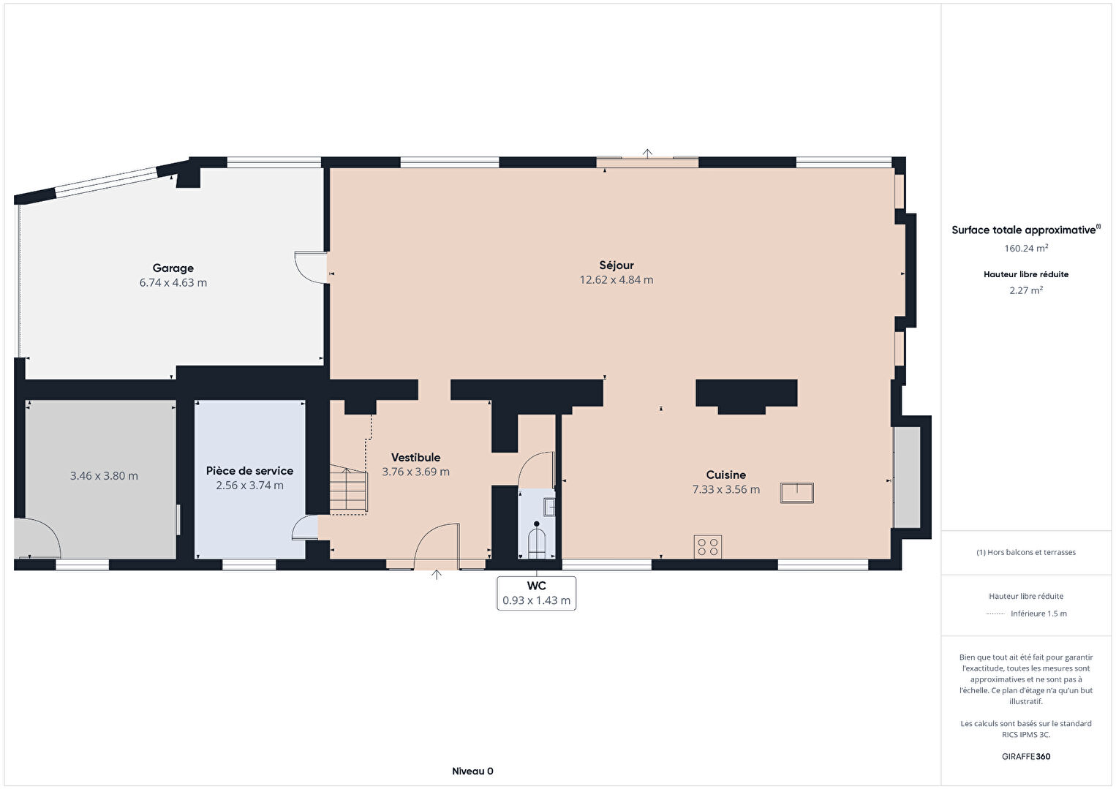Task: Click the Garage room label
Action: click(173, 268)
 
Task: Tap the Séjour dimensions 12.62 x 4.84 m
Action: click(617, 280)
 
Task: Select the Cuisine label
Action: click(726, 475)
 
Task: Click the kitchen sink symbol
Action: click(796, 493)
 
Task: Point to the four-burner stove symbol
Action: click(707, 547)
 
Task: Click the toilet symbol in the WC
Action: click(537, 540)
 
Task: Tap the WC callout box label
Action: click(537, 586)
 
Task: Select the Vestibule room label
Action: click(415, 457)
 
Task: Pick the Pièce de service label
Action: click(249, 471)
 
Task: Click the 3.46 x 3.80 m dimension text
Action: click(104, 476)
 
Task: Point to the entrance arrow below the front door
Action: click(437, 575)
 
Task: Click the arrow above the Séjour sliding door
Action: click(647, 154)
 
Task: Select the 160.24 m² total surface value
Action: click(1026, 248)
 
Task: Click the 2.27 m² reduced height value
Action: click(1026, 290)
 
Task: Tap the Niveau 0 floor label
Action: click(472, 771)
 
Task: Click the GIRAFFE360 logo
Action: click(1026, 756)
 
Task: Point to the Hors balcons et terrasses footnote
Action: click(1026, 552)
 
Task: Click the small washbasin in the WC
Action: click(549, 507)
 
